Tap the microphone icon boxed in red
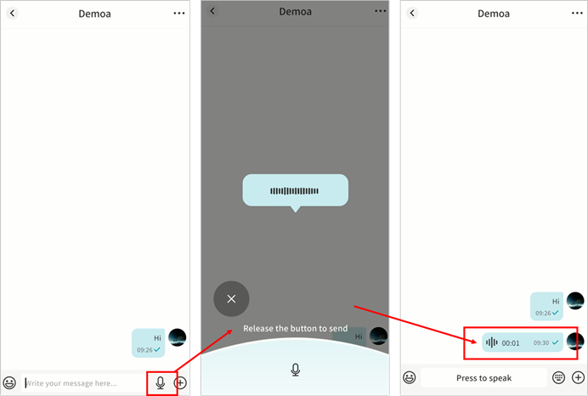click(161, 383)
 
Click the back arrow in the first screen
click(13, 13)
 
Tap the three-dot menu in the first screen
click(179, 13)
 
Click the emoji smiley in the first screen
click(9, 383)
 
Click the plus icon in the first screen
click(180, 383)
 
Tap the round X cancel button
click(231, 299)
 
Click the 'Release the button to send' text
click(295, 329)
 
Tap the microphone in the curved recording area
click(296, 370)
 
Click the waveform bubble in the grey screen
click(296, 190)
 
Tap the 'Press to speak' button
click(483, 378)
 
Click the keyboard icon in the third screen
click(558, 377)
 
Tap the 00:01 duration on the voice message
click(511, 343)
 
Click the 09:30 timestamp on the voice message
click(541, 342)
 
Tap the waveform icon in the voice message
click(492, 342)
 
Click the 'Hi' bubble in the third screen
click(546, 307)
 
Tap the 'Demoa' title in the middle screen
click(295, 12)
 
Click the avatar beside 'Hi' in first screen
click(178, 337)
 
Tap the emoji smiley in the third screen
click(409, 377)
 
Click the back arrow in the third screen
click(412, 13)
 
